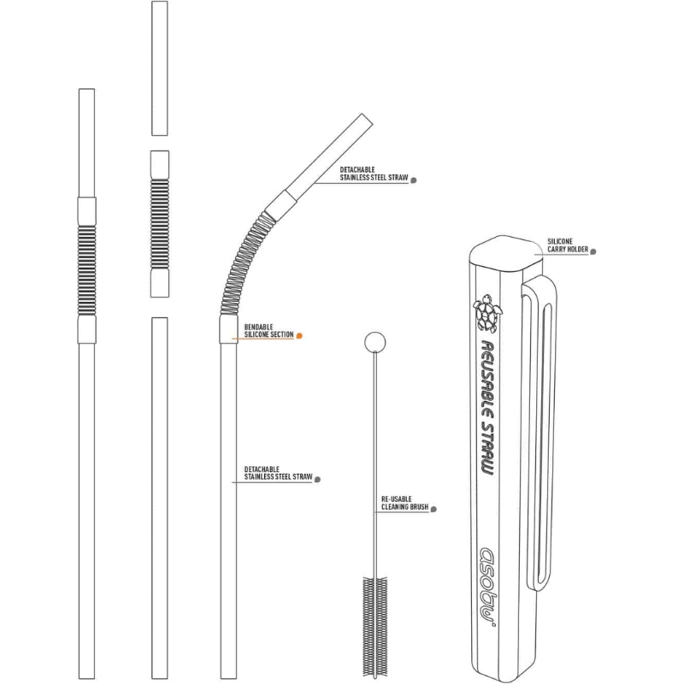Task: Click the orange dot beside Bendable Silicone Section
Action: point(299,336)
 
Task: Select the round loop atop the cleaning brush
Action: point(374,343)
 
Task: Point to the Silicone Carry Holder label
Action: point(568,246)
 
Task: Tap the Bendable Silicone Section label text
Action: point(268,330)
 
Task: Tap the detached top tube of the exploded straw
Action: point(159,68)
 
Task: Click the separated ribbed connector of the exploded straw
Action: point(159,224)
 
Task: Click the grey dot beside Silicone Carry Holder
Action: point(593,251)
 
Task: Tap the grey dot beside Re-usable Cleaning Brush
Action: point(434,509)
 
